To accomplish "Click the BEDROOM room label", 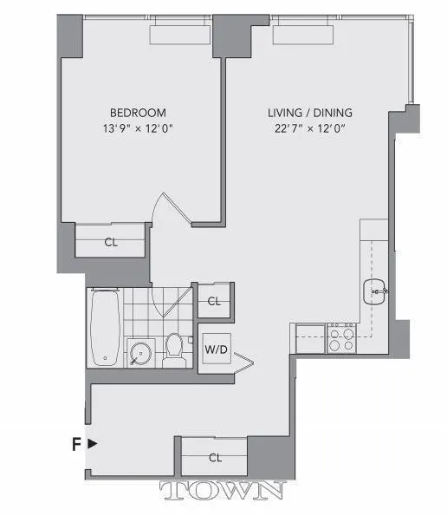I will (x=138, y=113).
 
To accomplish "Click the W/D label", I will (x=215, y=351).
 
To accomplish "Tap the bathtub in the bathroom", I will (x=105, y=327).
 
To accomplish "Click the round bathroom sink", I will (x=139, y=352).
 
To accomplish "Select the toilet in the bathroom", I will (x=174, y=349).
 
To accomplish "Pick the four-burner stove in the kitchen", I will (x=340, y=337).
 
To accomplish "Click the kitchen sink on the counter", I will (x=376, y=292).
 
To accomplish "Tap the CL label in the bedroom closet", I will (x=111, y=242).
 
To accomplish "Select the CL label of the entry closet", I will (x=214, y=457).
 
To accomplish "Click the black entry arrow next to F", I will (x=93, y=443).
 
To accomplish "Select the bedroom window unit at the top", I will (x=179, y=33).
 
